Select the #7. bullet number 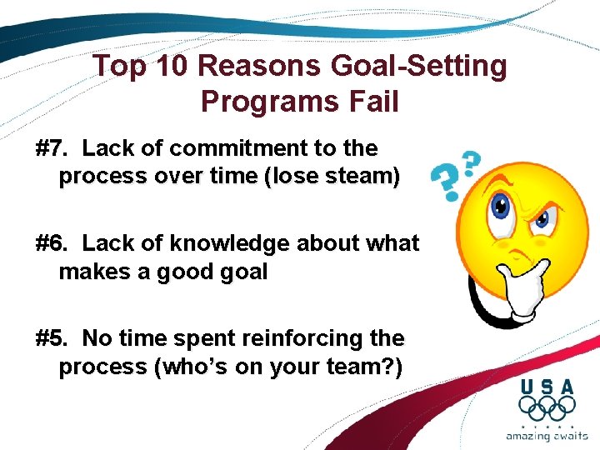click(x=54, y=148)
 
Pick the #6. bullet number click(x=54, y=243)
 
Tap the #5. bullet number click(x=54, y=338)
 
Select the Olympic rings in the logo click(x=547, y=408)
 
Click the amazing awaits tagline click(x=547, y=435)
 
